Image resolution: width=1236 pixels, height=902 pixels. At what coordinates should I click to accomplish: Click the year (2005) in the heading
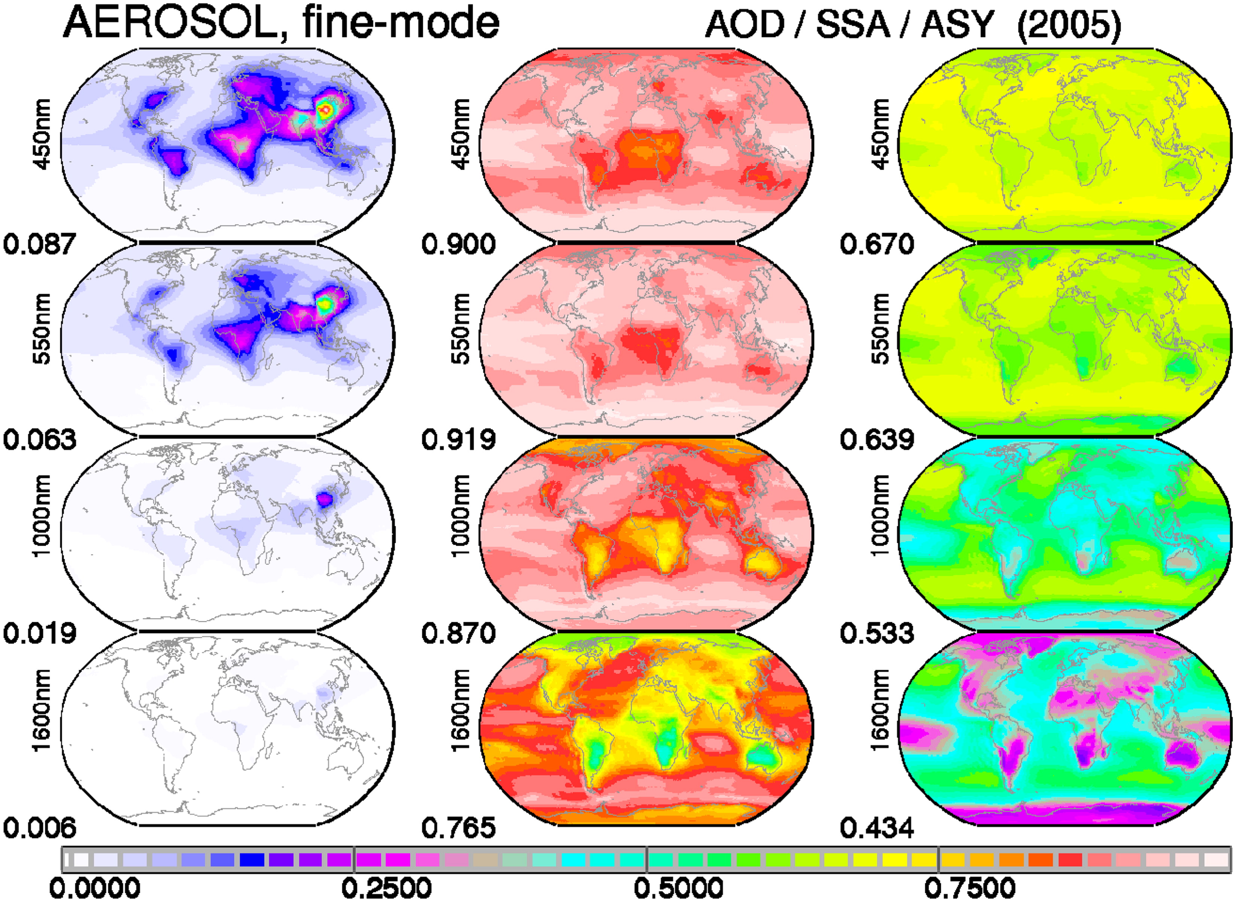tap(1069, 25)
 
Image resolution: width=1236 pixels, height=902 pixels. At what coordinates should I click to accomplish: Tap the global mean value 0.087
tap(39, 244)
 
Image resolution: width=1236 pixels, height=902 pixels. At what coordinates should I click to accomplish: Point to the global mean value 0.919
tap(458, 439)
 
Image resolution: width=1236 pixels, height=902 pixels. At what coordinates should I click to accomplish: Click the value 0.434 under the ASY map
tap(877, 828)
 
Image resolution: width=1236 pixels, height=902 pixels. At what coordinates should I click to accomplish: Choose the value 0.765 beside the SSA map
tap(458, 828)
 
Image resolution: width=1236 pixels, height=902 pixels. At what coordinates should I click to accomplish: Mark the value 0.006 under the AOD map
tap(39, 828)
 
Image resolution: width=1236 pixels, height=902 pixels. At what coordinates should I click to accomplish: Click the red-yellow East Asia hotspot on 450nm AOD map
tap(325, 110)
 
